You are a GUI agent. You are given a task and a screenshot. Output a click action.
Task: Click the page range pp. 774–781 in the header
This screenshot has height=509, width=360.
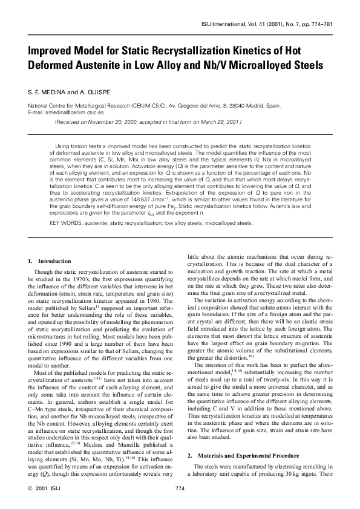[x=312, y=25]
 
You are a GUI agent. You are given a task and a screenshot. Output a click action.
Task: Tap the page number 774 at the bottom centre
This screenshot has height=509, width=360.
[x=180, y=487]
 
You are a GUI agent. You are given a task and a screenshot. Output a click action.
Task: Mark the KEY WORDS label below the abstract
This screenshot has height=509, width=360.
[x=62, y=223]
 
